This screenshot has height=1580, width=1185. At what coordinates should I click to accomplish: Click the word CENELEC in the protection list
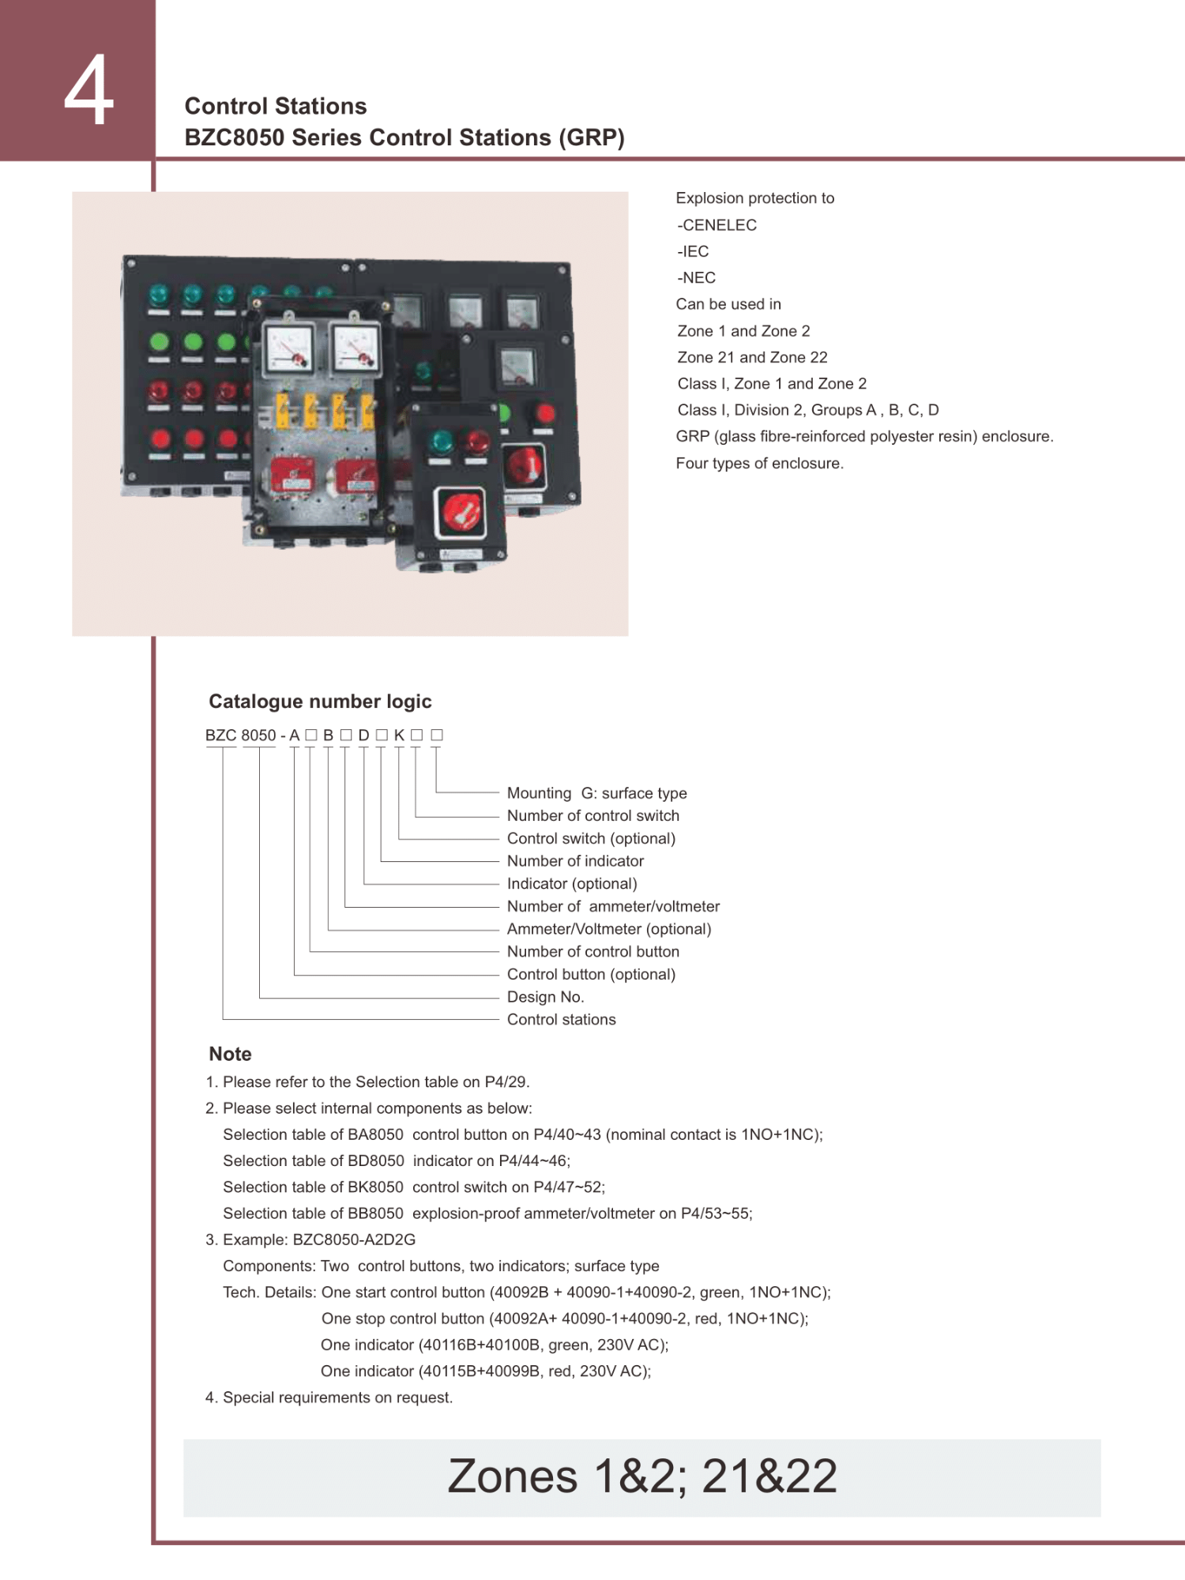[x=720, y=225]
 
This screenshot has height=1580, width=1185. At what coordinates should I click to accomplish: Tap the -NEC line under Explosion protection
[x=696, y=278]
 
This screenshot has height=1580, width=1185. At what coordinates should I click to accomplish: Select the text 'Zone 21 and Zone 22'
[x=752, y=357]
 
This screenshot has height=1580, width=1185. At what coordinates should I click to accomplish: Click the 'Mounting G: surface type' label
[x=596, y=793]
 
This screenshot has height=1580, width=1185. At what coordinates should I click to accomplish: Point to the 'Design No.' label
[x=545, y=997]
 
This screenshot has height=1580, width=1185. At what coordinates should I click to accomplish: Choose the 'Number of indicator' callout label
[x=575, y=861]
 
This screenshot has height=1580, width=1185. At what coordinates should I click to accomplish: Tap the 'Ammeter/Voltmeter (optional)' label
[x=609, y=929]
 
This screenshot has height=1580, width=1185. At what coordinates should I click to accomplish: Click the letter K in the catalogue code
[x=399, y=735]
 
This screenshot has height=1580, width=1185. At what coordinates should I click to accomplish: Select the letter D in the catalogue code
[x=363, y=735]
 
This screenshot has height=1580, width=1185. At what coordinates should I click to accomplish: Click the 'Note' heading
[x=230, y=1054]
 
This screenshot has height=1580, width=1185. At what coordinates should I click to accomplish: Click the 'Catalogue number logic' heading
[x=320, y=702]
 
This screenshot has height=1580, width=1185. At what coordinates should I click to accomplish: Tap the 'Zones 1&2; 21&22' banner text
[x=642, y=1476]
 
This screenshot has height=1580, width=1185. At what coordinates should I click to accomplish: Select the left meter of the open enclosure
[x=288, y=348]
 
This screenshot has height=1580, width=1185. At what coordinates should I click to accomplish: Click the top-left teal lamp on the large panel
[x=159, y=295]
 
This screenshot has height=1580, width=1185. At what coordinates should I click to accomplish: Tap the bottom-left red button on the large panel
[x=160, y=439]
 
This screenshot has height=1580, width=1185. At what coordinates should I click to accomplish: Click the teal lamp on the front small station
[x=440, y=442]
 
